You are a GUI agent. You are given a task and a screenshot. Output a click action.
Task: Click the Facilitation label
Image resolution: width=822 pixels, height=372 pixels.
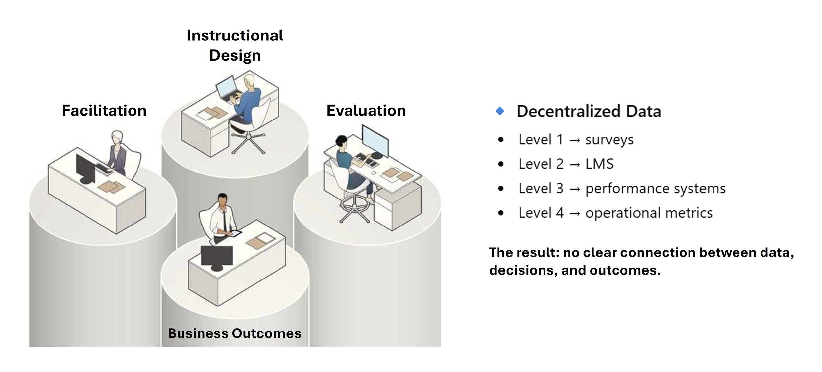point(104,111)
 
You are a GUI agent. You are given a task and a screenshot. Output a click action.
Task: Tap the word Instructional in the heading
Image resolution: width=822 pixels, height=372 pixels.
point(235,36)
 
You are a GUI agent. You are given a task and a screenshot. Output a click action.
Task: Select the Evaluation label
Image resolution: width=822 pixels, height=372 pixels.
point(366,111)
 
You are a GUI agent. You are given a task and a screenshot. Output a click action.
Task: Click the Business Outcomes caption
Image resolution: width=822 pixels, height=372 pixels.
point(234,333)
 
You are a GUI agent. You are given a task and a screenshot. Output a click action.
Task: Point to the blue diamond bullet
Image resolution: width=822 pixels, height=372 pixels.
point(500,111)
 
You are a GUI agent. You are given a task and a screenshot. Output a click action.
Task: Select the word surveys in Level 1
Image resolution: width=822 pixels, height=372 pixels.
point(609,140)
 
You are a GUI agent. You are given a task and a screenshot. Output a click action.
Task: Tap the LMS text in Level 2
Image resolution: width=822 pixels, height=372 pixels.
point(599,164)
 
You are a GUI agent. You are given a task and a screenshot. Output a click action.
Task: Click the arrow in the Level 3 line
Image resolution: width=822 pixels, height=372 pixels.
point(574,189)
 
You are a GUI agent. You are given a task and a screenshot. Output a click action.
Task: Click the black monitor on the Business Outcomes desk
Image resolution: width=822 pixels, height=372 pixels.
point(217,256)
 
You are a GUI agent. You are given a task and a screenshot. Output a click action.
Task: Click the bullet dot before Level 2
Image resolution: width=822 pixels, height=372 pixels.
point(501,164)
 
